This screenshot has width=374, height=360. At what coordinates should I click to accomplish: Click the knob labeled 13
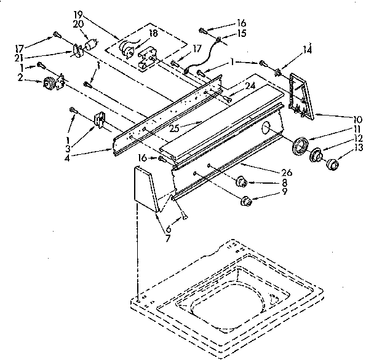tap(333, 163)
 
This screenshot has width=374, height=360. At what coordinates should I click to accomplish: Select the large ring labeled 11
tap(300, 148)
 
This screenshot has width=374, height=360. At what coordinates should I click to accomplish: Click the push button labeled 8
tap(241, 182)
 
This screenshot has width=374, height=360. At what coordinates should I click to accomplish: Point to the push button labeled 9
tap(246, 200)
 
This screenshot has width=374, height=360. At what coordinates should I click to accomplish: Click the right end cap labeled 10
tap(302, 95)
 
